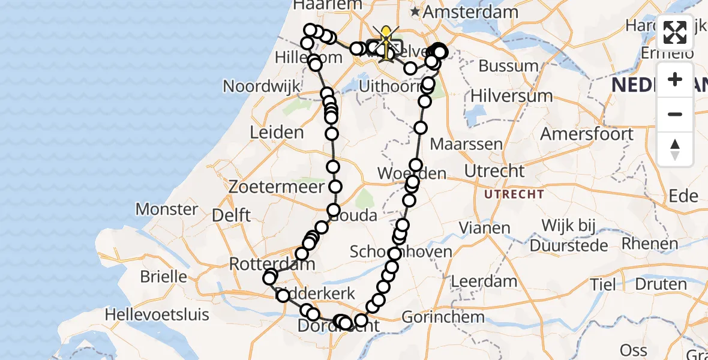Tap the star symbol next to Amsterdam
point(415,11)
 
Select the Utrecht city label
point(494,171)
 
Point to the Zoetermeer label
point(268,187)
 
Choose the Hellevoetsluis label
point(157,314)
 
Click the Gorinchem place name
point(443,316)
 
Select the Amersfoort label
point(587,133)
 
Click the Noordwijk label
point(261,86)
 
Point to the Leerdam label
point(484,281)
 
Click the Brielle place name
point(163,277)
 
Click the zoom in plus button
point(675,79)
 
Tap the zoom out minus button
point(675,114)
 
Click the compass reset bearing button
point(675,149)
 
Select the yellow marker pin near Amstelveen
point(385,36)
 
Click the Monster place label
point(167,209)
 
